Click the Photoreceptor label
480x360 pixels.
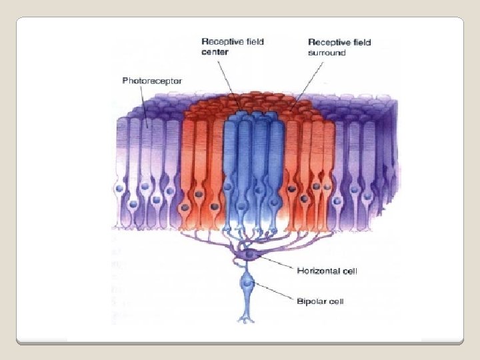152,81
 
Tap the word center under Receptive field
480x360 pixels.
215,52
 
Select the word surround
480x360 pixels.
327,53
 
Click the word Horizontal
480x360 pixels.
318,271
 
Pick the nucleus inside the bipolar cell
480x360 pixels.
249,283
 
